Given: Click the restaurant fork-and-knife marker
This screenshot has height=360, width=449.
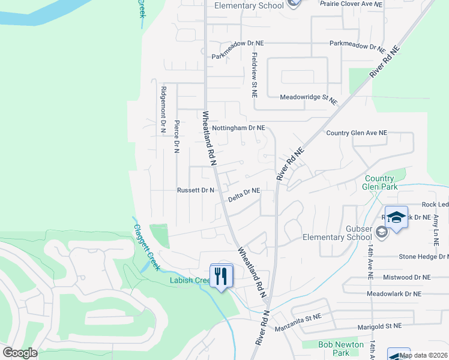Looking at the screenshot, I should pyautogui.click(x=221, y=276).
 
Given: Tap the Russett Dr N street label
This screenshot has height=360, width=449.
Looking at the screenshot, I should pyautogui.click(x=196, y=190).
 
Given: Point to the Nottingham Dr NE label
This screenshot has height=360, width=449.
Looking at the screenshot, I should pyautogui.click(x=238, y=128).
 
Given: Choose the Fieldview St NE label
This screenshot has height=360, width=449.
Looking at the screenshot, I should pyautogui.click(x=255, y=75).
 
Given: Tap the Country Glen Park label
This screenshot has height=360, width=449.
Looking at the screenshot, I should pyautogui.click(x=379, y=182).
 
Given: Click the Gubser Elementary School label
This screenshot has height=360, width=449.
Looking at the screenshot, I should pyautogui.click(x=337, y=233).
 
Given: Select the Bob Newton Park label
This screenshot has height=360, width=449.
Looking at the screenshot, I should pyautogui.click(x=341, y=349).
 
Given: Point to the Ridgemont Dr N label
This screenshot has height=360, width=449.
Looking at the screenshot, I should pyautogui.click(x=162, y=109).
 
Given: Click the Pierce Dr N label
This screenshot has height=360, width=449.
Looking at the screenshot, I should pyautogui.click(x=176, y=136).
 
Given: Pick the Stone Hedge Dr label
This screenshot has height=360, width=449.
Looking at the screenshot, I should pyautogui.click(x=424, y=257).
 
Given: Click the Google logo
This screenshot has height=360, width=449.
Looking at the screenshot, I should pyautogui.click(x=20, y=353).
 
